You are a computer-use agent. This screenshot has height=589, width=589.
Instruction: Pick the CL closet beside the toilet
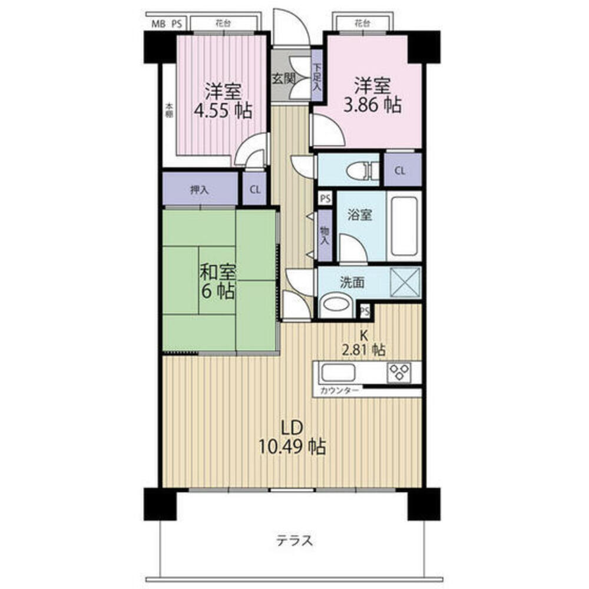400,171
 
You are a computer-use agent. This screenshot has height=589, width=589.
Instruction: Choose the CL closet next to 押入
254,190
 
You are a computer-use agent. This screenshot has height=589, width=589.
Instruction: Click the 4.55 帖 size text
223,110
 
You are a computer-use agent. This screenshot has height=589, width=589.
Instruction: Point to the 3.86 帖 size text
372,105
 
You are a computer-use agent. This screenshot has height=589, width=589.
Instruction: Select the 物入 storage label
325,237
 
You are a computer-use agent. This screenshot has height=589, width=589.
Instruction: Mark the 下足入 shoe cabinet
317,77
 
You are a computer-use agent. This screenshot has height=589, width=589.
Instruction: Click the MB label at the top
158,24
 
